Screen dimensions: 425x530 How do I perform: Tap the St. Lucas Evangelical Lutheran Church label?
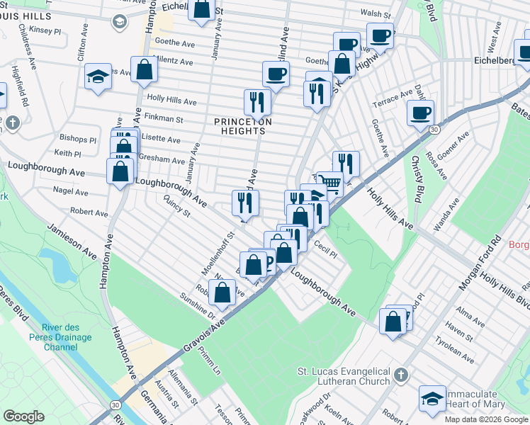(344, 376)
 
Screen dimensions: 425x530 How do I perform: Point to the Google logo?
(23, 416)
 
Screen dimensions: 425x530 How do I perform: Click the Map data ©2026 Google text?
(485, 419)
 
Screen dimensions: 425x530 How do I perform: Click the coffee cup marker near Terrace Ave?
(420, 112)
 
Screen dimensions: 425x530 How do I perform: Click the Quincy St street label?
(177, 207)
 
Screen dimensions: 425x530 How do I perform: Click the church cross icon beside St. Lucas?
(401, 373)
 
